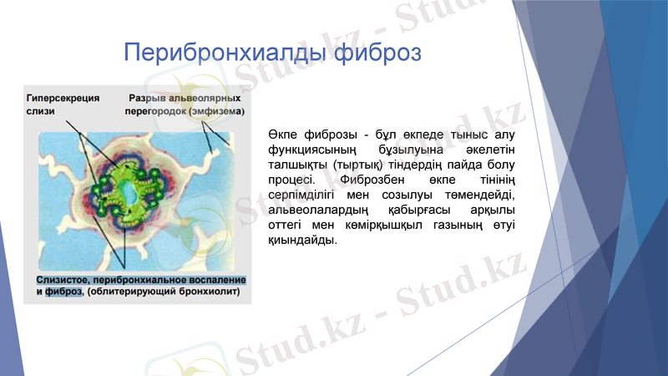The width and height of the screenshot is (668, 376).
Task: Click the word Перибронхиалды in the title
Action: point(225,53)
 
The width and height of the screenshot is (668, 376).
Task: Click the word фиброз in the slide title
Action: point(377,53)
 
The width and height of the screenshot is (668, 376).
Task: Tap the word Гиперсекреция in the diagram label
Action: point(63,98)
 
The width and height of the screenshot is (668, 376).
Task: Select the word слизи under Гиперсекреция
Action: point(41,111)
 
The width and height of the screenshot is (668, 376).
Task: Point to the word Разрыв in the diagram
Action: point(147,98)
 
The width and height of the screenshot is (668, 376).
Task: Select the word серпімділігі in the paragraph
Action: point(302,196)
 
